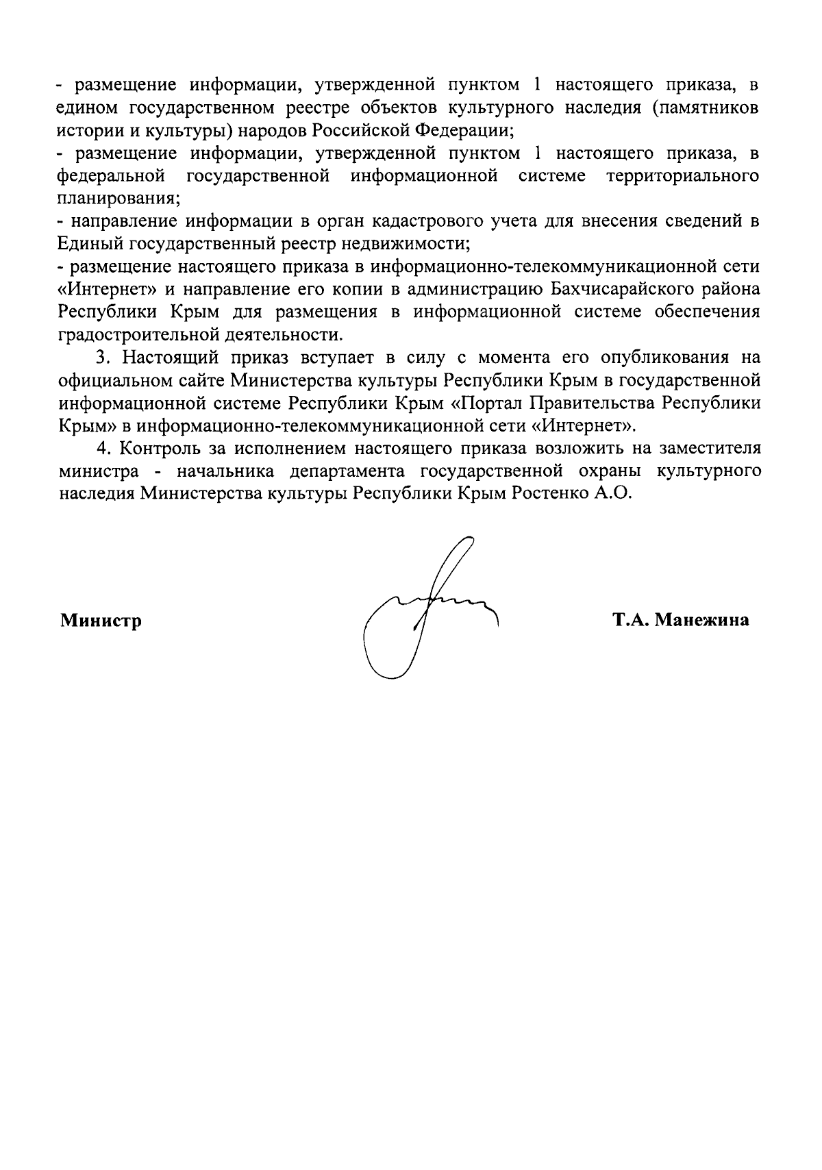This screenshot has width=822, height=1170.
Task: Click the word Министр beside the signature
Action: click(x=101, y=621)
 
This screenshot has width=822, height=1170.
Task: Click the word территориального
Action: click(x=683, y=176)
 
